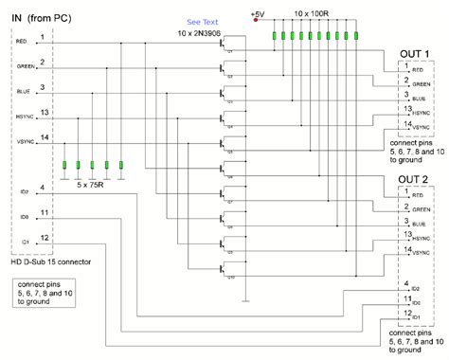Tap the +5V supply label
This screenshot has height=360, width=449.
click(259, 13)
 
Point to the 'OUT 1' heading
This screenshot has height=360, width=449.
click(414, 52)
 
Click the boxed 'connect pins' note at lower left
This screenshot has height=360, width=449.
click(42, 293)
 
